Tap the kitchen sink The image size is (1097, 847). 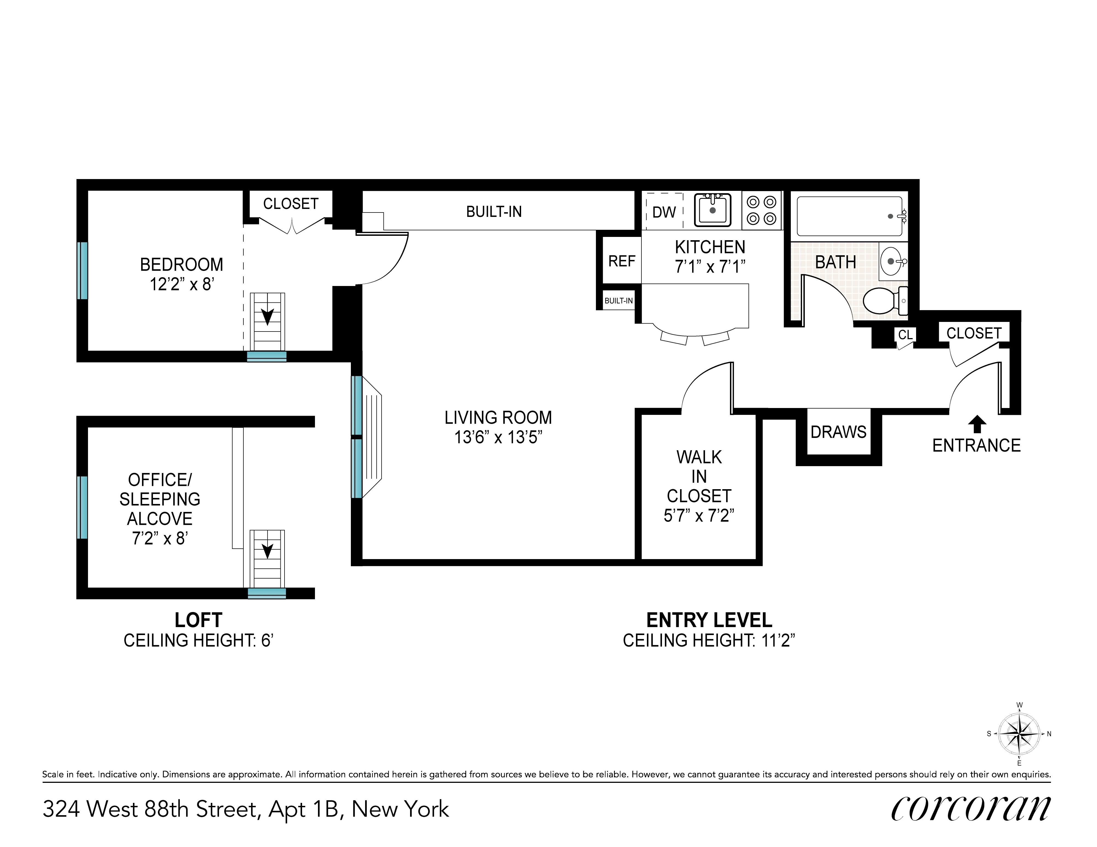click(712, 210)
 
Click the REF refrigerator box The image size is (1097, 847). click(621, 261)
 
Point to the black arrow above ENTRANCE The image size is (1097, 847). click(976, 423)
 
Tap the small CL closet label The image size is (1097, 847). click(905, 335)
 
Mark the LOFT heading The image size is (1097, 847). click(198, 620)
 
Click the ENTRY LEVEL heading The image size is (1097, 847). click(709, 620)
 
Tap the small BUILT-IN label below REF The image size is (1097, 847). click(618, 301)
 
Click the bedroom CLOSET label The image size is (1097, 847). click(291, 203)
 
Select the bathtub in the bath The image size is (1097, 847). click(849, 216)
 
